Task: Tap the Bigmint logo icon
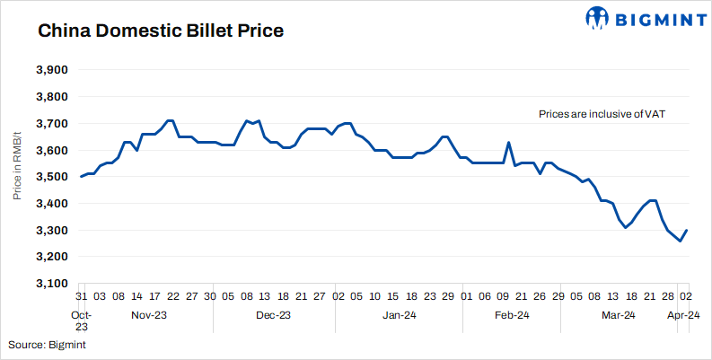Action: pos(598,17)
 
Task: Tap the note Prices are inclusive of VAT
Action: pos(601,114)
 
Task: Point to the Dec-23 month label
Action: pos(273,315)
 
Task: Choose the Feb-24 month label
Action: pos(510,315)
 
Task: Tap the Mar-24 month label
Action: pos(618,315)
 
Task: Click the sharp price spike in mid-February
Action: pos(509,143)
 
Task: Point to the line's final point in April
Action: pos(687,231)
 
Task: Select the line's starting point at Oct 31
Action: pos(81,177)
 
